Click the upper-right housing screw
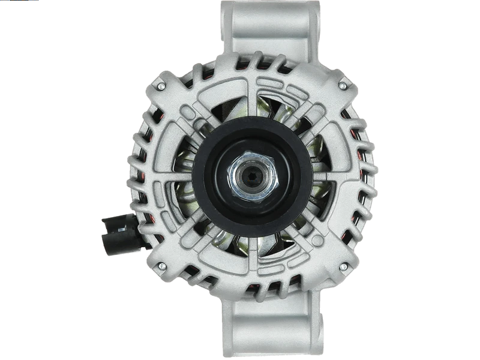pos(342,86)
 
